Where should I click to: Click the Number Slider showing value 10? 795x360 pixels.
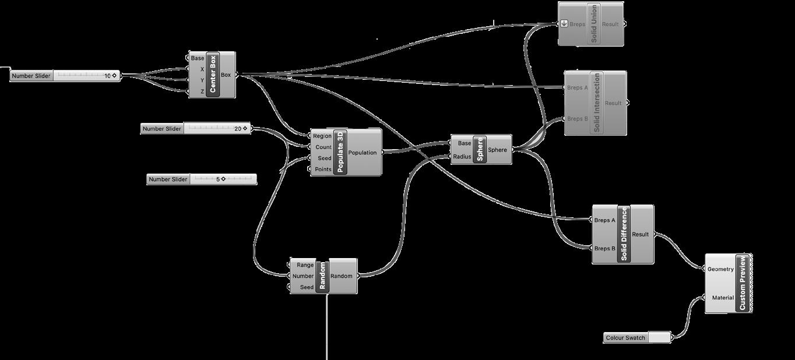click(x=65, y=76)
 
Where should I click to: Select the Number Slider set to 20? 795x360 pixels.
click(x=196, y=129)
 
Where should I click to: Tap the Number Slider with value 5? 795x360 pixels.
click(x=201, y=179)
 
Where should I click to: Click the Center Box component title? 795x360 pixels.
click(x=213, y=75)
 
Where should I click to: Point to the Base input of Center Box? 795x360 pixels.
click(x=197, y=58)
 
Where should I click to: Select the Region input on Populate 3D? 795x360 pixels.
click(x=322, y=136)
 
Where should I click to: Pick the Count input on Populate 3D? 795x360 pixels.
click(x=323, y=147)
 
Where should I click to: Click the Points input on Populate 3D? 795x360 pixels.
click(x=323, y=170)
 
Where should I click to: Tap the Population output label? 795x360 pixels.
click(x=363, y=153)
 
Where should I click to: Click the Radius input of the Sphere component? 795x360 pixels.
click(x=462, y=156)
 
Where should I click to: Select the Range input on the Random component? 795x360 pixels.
click(x=305, y=265)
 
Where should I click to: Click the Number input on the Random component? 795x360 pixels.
click(x=303, y=276)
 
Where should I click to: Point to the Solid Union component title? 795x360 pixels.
click(x=594, y=23)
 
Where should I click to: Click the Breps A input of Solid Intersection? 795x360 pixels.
click(x=577, y=88)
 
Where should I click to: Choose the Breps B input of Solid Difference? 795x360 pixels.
click(x=604, y=249)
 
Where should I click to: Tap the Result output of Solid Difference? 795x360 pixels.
click(x=640, y=234)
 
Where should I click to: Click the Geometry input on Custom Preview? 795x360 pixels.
click(x=720, y=269)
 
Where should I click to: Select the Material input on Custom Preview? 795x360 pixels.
click(x=723, y=298)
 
